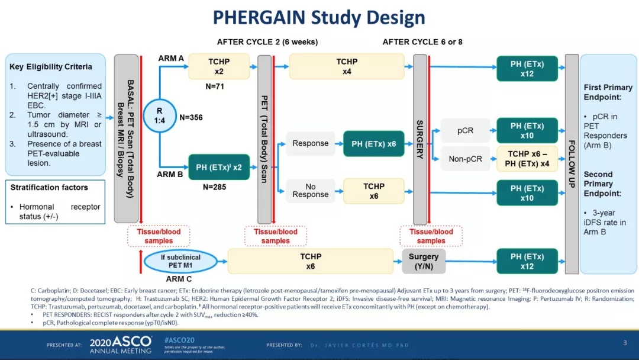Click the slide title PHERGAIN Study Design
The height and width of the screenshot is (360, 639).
point(319,17)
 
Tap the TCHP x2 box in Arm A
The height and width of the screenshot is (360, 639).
point(218,66)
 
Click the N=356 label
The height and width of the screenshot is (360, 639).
point(191,117)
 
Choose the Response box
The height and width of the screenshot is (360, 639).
point(310,143)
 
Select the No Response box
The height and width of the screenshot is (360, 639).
point(310,191)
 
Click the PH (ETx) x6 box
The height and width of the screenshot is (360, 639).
point(374,143)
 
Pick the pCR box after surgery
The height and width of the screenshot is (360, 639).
point(465,130)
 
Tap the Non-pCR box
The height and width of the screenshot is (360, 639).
point(465,159)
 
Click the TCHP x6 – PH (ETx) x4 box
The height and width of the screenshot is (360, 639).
point(527,159)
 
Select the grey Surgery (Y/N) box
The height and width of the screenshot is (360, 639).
point(424,261)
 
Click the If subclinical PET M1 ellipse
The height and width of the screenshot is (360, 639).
point(180,261)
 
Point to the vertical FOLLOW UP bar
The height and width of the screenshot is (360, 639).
point(572,164)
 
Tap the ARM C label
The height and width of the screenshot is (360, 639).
point(178,279)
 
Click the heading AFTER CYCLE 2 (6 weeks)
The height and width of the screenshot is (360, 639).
point(267,42)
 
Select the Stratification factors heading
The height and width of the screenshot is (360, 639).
point(49,188)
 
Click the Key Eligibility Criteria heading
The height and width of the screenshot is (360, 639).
point(51,67)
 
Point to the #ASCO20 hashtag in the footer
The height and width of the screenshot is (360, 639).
point(178,339)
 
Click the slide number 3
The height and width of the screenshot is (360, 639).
point(625,342)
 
